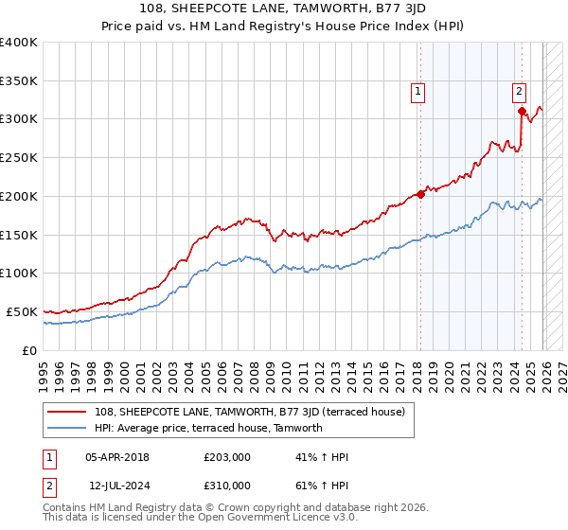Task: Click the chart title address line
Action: click(284, 9)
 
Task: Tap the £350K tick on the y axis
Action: click(19, 80)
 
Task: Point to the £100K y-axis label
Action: click(19, 273)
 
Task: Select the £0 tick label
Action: click(29, 350)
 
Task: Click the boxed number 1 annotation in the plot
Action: click(417, 92)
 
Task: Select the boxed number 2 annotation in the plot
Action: click(520, 92)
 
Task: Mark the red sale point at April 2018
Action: click(421, 194)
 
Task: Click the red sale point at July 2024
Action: click(522, 112)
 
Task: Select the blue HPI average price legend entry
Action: click(208, 428)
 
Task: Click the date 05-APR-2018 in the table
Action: click(117, 457)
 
